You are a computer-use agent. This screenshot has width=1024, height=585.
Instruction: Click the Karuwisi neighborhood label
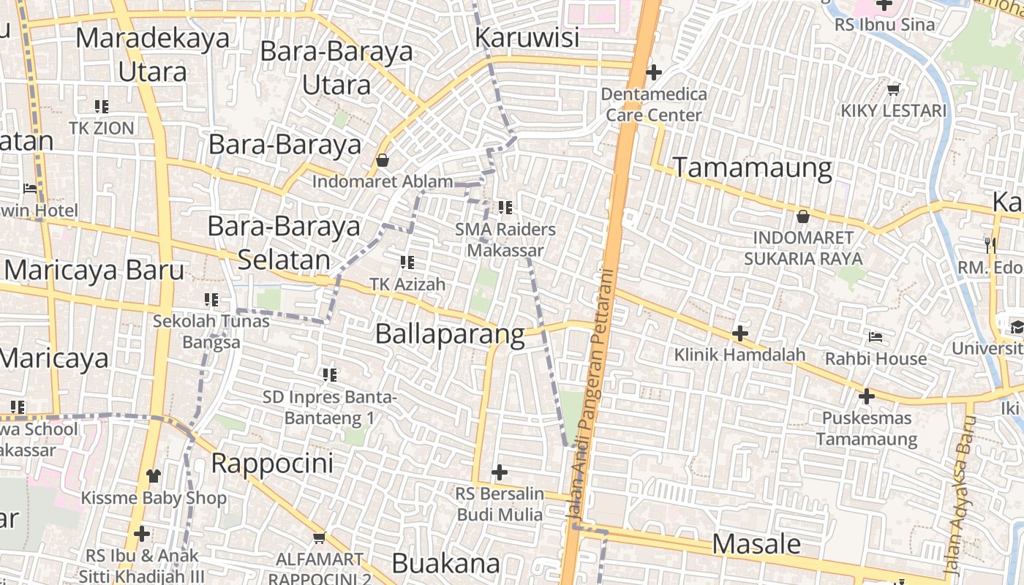click(x=527, y=37)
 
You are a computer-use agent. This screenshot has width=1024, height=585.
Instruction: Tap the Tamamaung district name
click(x=752, y=168)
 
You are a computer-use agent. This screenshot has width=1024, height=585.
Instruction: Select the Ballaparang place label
click(x=450, y=335)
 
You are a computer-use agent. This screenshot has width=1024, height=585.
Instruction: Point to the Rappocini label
click(x=272, y=464)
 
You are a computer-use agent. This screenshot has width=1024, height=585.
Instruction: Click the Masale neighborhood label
click(x=756, y=544)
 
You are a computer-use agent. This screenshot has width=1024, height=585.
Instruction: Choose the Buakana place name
click(x=445, y=564)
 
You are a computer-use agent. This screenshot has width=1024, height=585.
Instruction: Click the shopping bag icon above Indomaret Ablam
click(x=383, y=160)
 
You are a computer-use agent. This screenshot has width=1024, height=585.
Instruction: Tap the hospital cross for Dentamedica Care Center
click(x=654, y=72)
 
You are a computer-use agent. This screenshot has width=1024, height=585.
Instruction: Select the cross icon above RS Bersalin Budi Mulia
click(x=500, y=472)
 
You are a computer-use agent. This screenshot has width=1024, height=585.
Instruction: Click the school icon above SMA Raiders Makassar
click(x=505, y=208)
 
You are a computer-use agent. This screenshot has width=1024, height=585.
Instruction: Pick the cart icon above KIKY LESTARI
click(x=893, y=90)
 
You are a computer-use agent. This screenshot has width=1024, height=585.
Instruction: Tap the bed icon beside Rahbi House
click(x=876, y=337)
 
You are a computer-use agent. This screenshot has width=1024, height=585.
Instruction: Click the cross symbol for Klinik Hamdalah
click(x=740, y=334)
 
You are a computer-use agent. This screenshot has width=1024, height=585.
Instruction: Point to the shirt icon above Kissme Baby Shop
click(x=153, y=476)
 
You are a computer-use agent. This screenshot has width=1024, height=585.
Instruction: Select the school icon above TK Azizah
click(x=407, y=262)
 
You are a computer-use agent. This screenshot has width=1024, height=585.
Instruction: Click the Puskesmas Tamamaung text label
click(x=867, y=429)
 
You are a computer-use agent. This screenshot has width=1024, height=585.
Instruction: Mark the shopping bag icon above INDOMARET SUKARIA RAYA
click(x=803, y=216)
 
